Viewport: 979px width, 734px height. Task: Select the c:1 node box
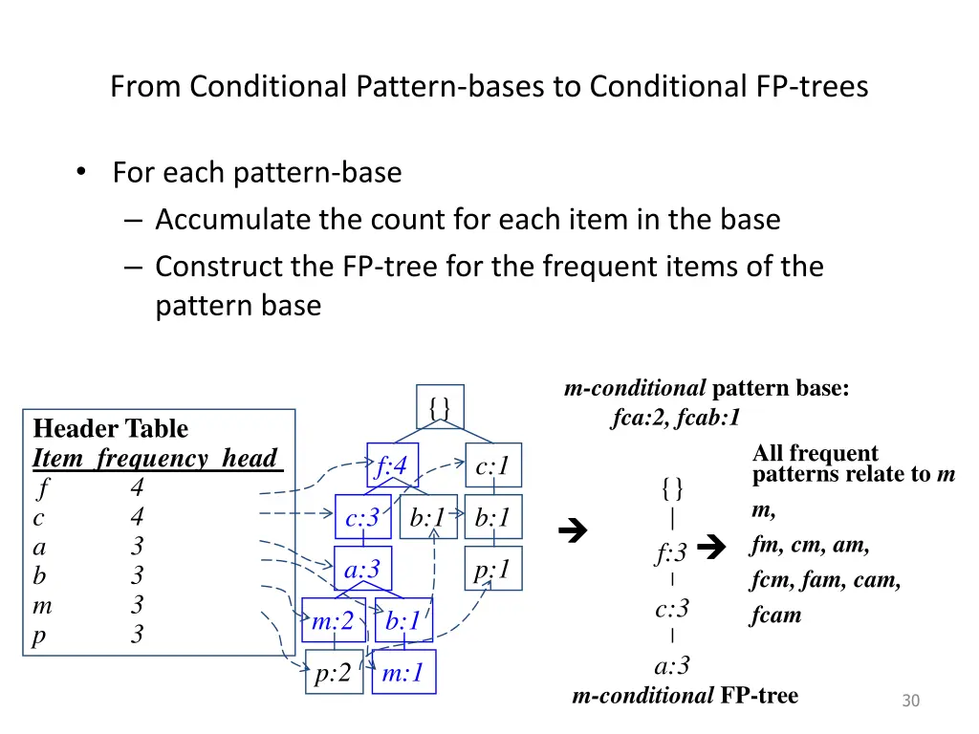tap(493, 466)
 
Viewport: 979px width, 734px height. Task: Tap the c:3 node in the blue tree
tap(362, 518)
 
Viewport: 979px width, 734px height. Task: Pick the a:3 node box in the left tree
tap(362, 570)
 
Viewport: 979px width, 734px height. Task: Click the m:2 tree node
tap(333, 621)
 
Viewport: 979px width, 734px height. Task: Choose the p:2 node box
tap(334, 673)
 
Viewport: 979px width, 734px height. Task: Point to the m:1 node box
tap(402, 673)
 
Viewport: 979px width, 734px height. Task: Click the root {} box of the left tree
tap(440, 406)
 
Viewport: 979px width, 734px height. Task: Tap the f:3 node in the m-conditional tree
tap(671, 552)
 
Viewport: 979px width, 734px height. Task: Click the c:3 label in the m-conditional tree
tap(672, 609)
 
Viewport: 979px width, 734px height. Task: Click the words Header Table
tap(110, 428)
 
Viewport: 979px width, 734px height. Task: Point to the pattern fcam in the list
tap(775, 615)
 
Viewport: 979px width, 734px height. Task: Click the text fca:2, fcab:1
tap(676, 418)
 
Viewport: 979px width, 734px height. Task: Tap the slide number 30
tap(910, 702)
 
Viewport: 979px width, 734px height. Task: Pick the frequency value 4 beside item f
tap(137, 488)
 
